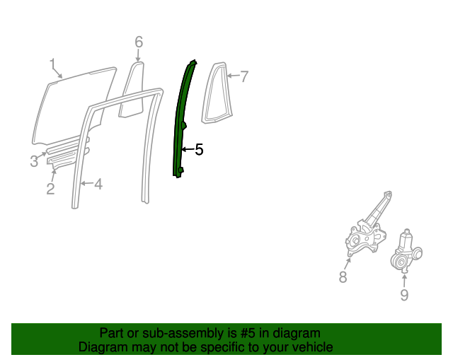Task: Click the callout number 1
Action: [52, 65]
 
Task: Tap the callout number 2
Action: [50, 189]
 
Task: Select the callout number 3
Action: [34, 161]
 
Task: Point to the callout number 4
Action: [98, 185]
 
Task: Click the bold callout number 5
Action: [199, 150]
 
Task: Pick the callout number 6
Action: [139, 42]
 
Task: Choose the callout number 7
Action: [244, 76]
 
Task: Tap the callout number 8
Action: [343, 277]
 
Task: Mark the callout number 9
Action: [404, 295]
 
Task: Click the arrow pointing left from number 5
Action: [187, 150]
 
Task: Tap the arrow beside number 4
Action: [86, 185]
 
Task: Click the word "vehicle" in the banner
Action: [311, 347]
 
